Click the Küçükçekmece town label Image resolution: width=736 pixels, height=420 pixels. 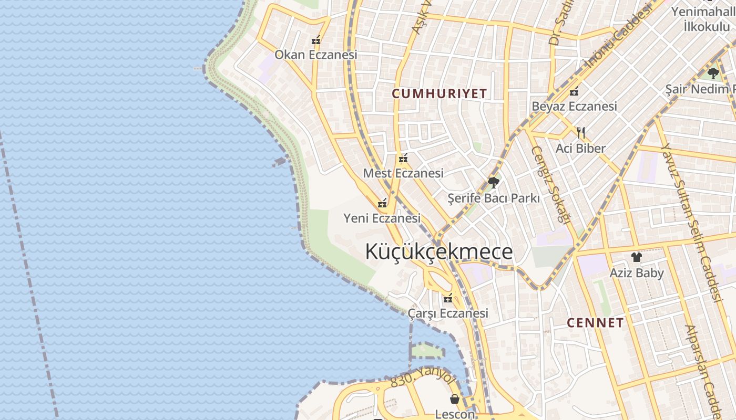[x=439, y=252]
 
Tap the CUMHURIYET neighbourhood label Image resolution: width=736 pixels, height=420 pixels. [x=439, y=94]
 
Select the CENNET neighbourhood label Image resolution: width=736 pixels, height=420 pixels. [x=595, y=323]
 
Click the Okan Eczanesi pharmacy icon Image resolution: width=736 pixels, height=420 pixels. [x=316, y=40]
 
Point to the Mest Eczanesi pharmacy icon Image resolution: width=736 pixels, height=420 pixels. [x=403, y=158]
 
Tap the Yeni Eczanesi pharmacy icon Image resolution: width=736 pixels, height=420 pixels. [x=382, y=203]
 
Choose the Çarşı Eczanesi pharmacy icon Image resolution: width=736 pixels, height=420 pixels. [x=448, y=299]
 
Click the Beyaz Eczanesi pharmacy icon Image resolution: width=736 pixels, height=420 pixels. [x=574, y=91]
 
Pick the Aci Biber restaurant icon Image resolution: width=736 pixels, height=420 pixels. [x=581, y=132]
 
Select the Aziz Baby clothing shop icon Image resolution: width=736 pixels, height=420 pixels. [x=637, y=257]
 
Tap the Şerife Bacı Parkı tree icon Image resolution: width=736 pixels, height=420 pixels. [x=493, y=183]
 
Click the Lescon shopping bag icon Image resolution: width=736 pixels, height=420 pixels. [x=455, y=400]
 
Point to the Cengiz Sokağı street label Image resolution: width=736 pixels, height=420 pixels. [x=551, y=184]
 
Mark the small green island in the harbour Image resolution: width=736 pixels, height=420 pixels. [x=427, y=350]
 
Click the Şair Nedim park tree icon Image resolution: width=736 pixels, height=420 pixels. [x=713, y=73]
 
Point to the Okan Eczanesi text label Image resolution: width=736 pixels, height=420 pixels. [x=316, y=55]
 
